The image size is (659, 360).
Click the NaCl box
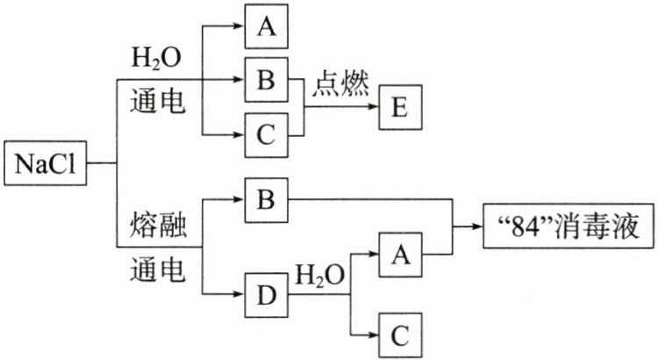[x=46, y=163]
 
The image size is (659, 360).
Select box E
[x=400, y=107]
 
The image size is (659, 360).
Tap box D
[x=267, y=295]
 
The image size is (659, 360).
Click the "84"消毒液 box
[x=569, y=226]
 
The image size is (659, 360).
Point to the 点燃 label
[x=340, y=83]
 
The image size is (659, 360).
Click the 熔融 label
[x=158, y=225]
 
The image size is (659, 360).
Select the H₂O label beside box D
[x=320, y=275]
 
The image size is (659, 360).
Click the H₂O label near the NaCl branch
[x=156, y=58]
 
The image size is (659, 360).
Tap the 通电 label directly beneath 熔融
[x=158, y=270]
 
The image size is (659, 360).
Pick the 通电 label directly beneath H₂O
[x=158, y=101]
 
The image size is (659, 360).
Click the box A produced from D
[x=400, y=255]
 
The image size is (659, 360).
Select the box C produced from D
[x=400, y=335]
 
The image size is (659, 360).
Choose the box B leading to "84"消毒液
[x=267, y=200]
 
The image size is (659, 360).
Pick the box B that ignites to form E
[x=267, y=80]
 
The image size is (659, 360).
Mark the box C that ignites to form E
[x=267, y=135]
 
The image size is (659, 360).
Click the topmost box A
[x=267, y=26]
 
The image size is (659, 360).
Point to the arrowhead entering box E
[x=373, y=106]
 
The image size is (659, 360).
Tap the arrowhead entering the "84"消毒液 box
[x=477, y=227]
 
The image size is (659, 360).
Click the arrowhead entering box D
[x=240, y=294]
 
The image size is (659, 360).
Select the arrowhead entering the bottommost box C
[x=373, y=335]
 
